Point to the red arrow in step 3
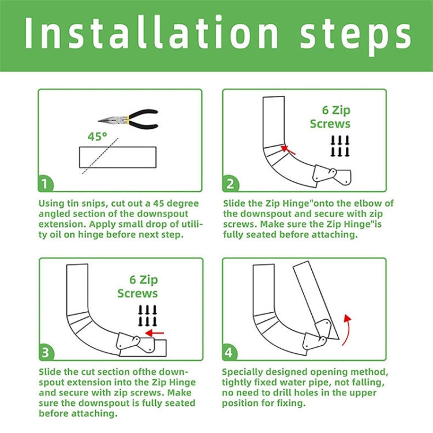point(155,333)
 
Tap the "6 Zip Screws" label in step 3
point(138,286)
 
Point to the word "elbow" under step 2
point(368,203)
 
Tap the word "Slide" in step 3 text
point(53,372)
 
